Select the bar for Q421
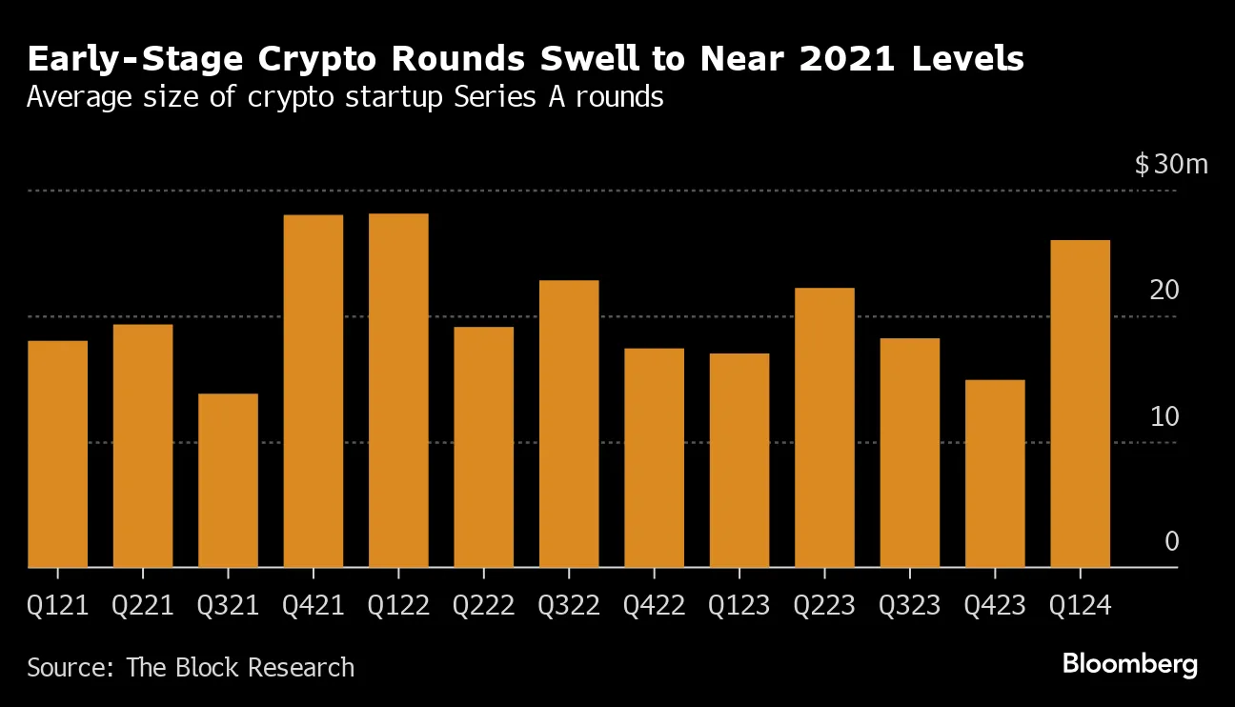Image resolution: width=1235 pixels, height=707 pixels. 314,391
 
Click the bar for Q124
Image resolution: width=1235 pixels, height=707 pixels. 1080,403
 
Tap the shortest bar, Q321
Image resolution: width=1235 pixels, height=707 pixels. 228,480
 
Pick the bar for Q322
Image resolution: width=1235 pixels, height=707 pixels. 569,423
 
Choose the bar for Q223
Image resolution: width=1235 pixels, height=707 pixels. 824,427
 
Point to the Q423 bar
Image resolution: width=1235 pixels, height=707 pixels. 995,474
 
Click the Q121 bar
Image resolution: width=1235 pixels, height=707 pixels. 58,454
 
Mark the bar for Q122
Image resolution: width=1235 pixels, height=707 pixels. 398,390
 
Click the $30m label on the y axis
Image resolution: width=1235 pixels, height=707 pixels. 1170,164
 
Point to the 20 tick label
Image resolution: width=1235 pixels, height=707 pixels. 1164,291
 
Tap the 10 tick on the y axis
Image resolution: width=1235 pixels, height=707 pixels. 1164,416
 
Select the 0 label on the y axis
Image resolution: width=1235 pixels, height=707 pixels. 1171,541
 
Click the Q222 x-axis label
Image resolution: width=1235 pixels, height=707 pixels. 483,606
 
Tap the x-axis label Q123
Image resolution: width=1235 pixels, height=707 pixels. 739,606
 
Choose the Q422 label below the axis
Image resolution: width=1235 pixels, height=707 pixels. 654,606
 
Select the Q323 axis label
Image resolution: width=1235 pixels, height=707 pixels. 909,606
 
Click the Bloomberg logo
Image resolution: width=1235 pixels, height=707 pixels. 1129,664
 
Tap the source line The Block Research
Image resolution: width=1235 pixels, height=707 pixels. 240,667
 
